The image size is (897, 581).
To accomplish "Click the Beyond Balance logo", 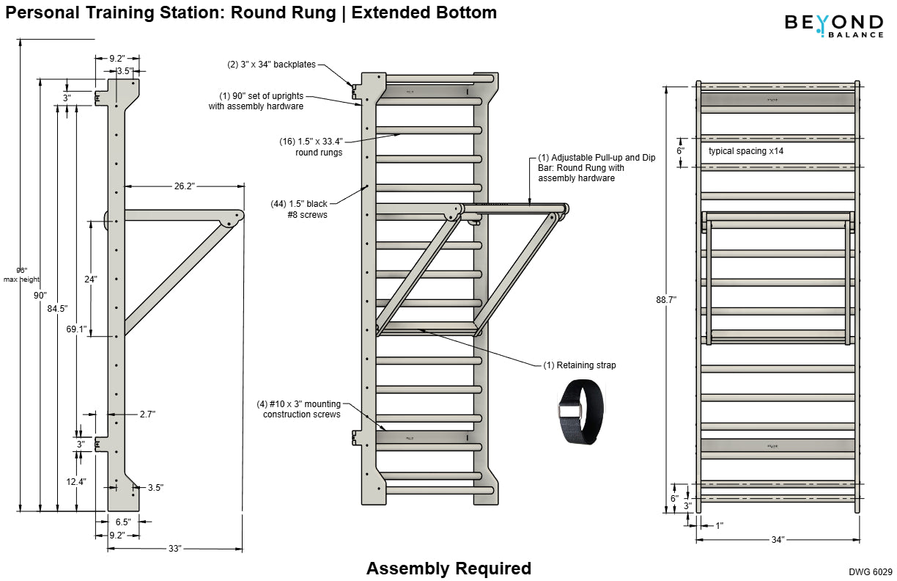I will (x=834, y=25).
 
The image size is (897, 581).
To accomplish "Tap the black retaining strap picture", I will (x=582, y=413).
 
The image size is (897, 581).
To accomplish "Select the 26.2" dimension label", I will (x=184, y=186).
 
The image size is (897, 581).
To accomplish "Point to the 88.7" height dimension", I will (x=666, y=299).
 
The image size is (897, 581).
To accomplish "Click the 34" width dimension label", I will (x=778, y=539).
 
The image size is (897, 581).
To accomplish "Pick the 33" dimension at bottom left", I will (x=174, y=548).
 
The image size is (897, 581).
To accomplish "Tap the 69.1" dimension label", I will (x=77, y=329).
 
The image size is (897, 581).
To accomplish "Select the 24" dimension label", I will (x=90, y=279).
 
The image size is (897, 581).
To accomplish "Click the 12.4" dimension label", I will (x=76, y=481).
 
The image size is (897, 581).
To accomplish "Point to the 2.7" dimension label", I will (x=147, y=414).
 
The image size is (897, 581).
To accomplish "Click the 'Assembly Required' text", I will (x=448, y=569).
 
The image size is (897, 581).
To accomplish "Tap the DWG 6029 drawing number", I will (x=871, y=571).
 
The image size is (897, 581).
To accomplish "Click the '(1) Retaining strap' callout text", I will (x=580, y=365).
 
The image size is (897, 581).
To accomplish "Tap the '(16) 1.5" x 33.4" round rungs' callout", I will (x=311, y=147).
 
